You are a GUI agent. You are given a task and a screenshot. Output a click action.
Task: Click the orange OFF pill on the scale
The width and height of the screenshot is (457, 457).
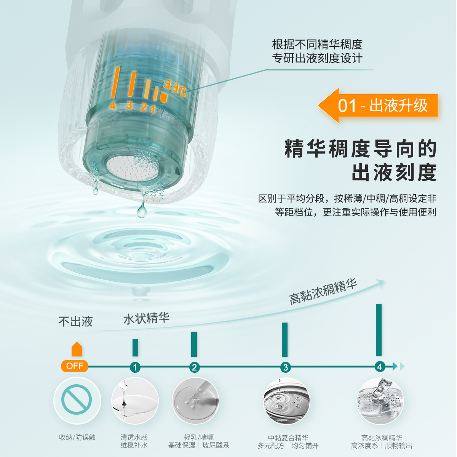[75, 366]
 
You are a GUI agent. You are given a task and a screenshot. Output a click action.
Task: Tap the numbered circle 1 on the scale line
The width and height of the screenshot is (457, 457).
[135, 367]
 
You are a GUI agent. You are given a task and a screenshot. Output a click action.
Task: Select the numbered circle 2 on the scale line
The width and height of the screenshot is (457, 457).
[194, 367]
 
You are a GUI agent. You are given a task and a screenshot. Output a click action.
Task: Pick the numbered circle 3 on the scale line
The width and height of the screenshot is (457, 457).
[285, 367]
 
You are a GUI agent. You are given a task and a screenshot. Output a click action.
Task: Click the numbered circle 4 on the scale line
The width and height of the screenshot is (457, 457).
[379, 367]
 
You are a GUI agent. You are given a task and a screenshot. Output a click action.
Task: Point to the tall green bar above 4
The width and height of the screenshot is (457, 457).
[379, 330]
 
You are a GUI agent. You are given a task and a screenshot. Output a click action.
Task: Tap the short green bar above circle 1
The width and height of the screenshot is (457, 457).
[135, 348]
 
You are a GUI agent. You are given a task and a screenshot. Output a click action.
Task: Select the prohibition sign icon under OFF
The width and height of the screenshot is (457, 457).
[77, 400]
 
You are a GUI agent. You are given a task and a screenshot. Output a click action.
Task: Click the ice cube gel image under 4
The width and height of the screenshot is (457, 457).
[380, 401]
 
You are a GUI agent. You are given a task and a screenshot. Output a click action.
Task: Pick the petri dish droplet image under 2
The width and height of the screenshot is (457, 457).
[195, 401]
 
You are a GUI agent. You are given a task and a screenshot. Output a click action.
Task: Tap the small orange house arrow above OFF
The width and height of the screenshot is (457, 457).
[77, 349]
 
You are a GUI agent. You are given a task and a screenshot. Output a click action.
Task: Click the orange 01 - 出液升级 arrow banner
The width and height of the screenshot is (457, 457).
[379, 105]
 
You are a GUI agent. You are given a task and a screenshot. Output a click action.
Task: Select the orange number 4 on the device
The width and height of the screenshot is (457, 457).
[112, 105]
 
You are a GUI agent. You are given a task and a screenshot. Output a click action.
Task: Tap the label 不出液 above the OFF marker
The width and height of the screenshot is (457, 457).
[75, 322]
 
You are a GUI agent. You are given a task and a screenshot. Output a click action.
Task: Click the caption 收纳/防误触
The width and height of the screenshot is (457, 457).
[77, 438]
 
